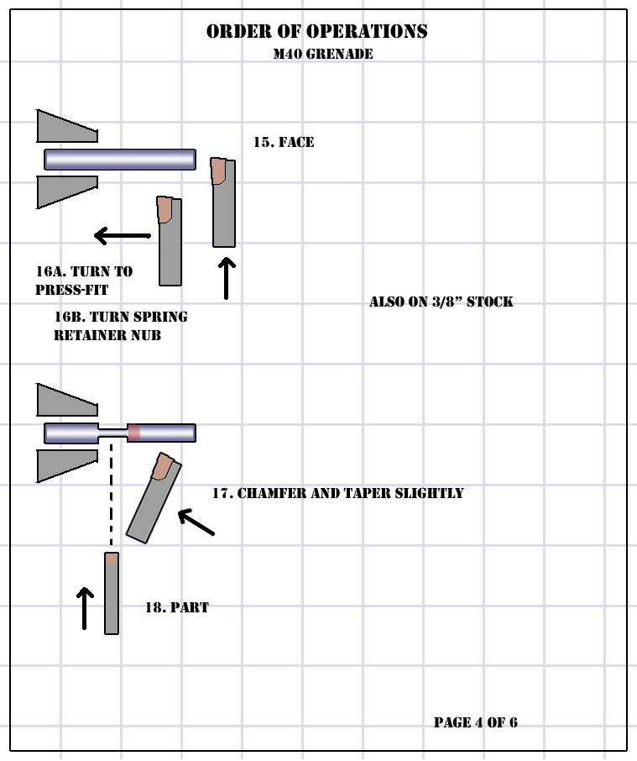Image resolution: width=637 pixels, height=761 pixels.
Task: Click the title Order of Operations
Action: click(317, 32)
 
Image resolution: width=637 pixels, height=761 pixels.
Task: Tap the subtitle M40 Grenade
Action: click(323, 54)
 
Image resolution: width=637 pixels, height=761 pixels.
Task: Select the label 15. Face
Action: click(284, 142)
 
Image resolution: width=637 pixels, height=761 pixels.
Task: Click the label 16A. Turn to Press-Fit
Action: click(85, 281)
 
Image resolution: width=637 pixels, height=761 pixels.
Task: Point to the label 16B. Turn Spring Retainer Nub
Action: click(121, 326)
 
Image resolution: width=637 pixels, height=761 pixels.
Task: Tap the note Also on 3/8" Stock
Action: click(441, 302)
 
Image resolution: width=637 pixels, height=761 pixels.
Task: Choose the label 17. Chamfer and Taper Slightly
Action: click(338, 493)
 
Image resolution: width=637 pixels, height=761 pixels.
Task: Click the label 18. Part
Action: click(177, 607)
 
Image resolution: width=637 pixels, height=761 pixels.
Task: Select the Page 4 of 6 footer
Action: click(476, 722)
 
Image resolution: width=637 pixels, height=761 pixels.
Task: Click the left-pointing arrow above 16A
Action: click(123, 236)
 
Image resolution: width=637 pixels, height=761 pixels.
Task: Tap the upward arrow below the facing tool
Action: click(227, 278)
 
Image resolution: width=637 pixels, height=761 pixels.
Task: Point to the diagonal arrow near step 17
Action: click(196, 522)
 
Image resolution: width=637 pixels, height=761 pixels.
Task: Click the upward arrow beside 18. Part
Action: click(85, 608)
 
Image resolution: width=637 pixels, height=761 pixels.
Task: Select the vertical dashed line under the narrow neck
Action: click(111, 494)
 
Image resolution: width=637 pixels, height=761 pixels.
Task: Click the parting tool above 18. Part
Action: click(112, 593)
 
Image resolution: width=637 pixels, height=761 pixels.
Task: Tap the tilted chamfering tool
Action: click(154, 498)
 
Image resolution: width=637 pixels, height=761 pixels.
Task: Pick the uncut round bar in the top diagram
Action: click(120, 160)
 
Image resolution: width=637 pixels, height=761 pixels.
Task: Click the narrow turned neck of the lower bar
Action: click(112, 433)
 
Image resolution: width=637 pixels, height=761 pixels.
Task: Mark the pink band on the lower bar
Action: click(133, 433)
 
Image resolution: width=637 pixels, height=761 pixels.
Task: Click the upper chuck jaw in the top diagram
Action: click(67, 126)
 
